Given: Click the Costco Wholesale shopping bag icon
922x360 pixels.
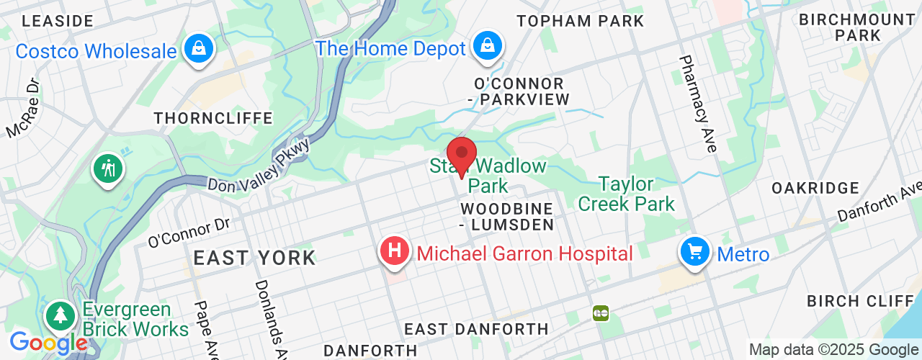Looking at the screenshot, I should (196, 49).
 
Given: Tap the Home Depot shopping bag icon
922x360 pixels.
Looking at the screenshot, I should (487, 46).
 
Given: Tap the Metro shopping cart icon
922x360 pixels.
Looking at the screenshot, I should (694, 252).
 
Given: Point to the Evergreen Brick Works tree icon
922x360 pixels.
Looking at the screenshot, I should (60, 315).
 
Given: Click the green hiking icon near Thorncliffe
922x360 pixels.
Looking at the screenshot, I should (108, 169).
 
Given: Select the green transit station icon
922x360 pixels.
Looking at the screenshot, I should (600, 312).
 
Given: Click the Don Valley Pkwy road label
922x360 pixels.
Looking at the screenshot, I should (259, 165).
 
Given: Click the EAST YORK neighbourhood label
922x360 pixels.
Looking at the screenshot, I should (254, 258).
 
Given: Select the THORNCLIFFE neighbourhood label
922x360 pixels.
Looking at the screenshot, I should (213, 118).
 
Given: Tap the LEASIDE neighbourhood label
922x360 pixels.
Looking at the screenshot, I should (58, 21).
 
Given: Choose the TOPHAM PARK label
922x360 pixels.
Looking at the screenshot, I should (580, 21).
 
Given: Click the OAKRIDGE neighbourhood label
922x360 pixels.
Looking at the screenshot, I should (815, 188).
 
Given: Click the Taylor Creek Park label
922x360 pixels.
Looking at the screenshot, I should (626, 194).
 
